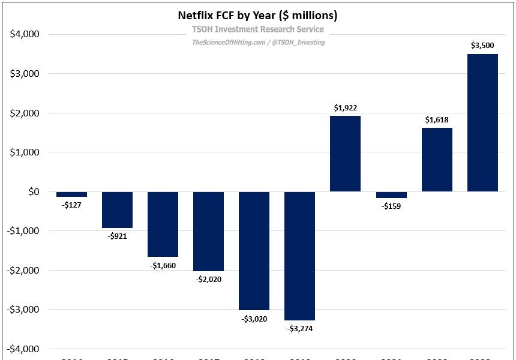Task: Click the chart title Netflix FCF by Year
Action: pos(257,14)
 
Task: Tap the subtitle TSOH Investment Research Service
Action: pos(257,29)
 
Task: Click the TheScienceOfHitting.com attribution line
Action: pos(258,42)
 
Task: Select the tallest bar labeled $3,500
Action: pos(482,123)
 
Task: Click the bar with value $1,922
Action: pos(346,154)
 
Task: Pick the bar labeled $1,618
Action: pos(437,160)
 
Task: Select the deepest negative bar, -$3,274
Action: pos(299,256)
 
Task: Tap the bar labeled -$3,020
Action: pos(254,251)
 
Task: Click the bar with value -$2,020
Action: pos(208,231)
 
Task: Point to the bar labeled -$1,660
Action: pos(163,224)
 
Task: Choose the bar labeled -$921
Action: pos(117,209)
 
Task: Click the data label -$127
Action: pos(71,205)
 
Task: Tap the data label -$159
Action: pos(391,206)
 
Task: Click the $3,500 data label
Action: pos(482,45)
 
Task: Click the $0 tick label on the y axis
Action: pos(32,192)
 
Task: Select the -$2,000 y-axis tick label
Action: pos(23,271)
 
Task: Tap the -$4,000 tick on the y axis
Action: pos(23,349)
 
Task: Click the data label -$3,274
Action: pos(299,328)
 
